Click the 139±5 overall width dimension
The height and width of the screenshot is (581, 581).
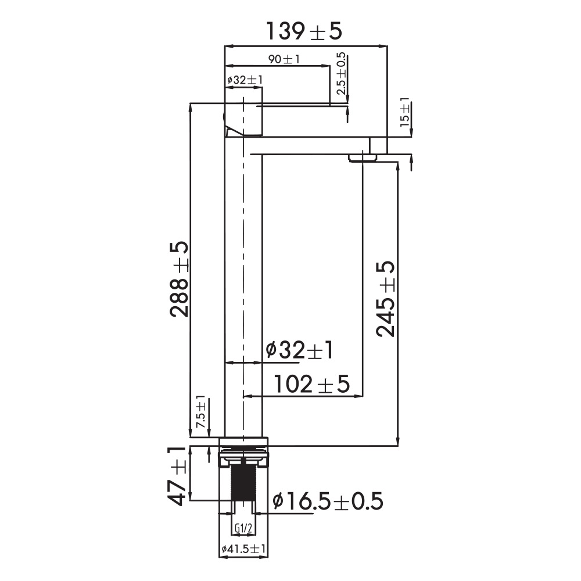(304, 31)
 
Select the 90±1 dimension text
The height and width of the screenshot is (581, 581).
(284, 59)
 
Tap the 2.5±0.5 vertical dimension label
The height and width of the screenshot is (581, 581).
(341, 73)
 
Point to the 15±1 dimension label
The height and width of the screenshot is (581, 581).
(405, 112)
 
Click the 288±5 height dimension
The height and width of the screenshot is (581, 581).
(180, 279)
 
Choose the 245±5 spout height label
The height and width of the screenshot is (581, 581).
(385, 299)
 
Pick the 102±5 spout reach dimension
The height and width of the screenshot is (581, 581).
(311, 384)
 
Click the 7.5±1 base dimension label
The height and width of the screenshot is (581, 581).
(200, 411)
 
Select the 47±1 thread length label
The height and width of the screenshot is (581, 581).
(177, 476)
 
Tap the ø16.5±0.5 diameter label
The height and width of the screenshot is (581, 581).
(328, 501)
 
